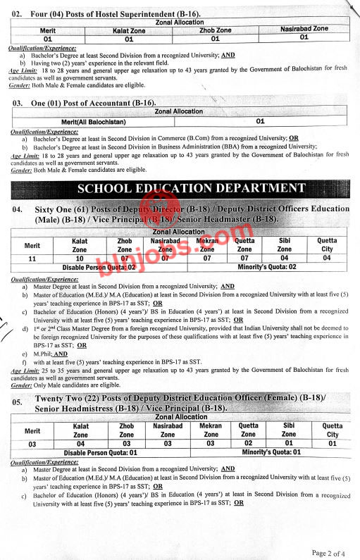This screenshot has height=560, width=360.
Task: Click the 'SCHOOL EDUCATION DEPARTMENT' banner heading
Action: tap(191, 188)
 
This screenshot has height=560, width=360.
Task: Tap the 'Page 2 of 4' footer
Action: tap(328, 552)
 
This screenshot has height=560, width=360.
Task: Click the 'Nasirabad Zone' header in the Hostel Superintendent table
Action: tap(304, 29)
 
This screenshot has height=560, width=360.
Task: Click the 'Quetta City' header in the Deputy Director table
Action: tap(327, 244)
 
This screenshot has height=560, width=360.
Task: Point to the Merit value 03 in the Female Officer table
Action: tap(32, 444)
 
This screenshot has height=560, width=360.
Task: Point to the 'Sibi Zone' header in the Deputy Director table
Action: tap(284, 244)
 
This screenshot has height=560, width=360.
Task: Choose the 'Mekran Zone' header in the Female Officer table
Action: tap(211, 430)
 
